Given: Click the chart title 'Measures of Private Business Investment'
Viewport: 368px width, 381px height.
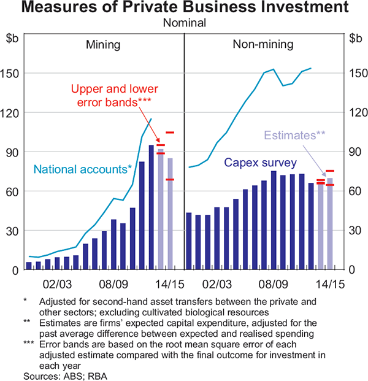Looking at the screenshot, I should coord(184,9).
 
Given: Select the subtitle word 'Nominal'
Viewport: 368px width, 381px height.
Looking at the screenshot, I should coord(184,24).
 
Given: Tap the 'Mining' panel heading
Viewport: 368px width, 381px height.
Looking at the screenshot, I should coord(102,44).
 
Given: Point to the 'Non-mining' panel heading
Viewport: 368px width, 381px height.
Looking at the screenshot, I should coord(263,44).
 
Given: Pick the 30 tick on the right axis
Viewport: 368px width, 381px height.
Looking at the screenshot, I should coord(355,231).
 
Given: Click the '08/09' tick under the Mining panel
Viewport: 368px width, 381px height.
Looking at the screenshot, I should coord(114,284).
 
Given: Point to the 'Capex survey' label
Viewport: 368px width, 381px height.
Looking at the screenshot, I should coord(260,163).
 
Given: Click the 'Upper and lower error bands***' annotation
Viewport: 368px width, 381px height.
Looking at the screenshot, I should coord(111,94).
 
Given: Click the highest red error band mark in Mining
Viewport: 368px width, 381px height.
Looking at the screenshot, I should coord(170,133).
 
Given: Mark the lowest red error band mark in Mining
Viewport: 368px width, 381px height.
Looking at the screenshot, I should coord(170,180).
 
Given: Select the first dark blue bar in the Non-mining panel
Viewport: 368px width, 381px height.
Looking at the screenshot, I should coord(189,241).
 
